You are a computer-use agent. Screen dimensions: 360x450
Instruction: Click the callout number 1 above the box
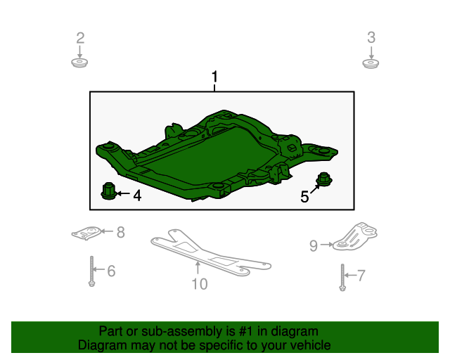coord(215,77)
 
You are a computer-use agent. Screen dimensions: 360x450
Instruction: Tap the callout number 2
coord(80,37)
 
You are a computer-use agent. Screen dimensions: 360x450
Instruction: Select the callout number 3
coord(371,37)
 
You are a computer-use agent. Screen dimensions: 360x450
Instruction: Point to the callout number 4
coord(137,196)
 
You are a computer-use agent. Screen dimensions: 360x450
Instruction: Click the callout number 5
coord(304,198)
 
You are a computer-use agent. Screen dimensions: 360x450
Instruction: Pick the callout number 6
coord(111,271)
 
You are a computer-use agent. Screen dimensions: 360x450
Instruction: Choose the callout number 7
coord(361,275)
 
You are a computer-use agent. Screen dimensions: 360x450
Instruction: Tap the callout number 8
coord(120,231)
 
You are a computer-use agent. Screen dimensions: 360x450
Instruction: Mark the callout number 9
coord(314,245)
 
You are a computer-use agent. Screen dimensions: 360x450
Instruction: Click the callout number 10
coord(200,284)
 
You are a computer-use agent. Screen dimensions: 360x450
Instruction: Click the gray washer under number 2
coord(80,64)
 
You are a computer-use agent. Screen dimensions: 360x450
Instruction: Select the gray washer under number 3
coord(371,64)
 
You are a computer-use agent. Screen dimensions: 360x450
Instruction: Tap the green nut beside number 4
coord(108,191)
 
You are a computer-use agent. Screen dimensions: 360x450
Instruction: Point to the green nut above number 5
coord(324,180)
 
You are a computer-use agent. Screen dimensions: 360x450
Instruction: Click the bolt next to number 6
coord(92,271)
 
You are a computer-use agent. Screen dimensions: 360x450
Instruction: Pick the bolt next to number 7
coord(342,276)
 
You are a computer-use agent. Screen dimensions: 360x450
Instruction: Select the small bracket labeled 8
coord(87,233)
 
